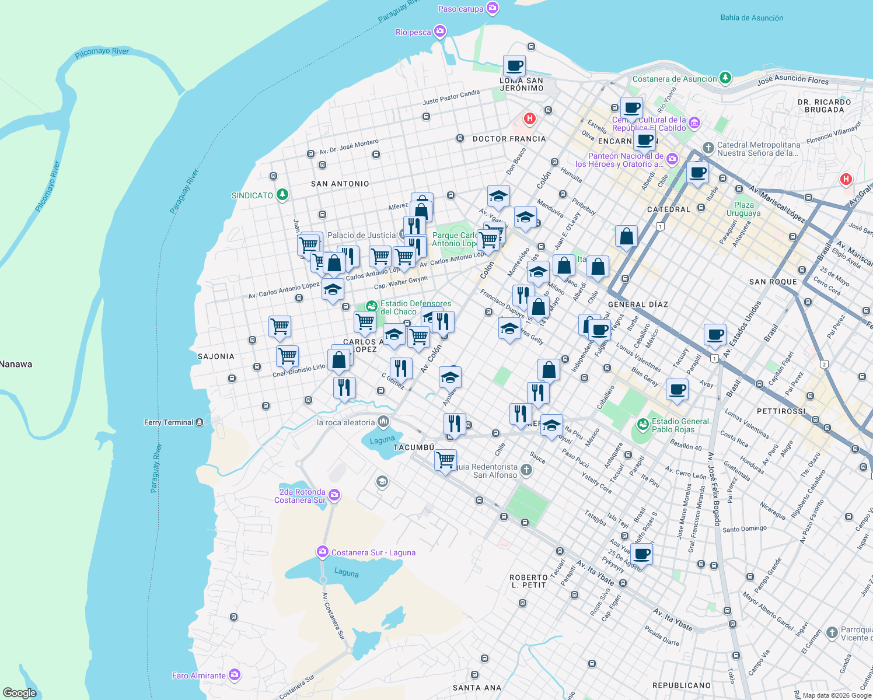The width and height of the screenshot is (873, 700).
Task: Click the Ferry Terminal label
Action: [x=169, y=422]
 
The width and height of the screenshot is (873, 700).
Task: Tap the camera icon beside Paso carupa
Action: [x=493, y=8]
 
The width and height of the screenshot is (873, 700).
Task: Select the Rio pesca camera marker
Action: [x=440, y=31]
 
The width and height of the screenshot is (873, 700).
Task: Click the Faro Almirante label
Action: [x=198, y=675]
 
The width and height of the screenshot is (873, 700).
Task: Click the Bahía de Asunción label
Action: [x=752, y=18]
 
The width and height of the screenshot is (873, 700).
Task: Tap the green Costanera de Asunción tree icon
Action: [x=725, y=78]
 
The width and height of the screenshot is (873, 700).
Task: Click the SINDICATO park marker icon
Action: [x=282, y=194]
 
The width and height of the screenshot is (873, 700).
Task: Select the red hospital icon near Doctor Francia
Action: [x=530, y=119]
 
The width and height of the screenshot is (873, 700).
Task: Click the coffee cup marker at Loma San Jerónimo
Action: [x=514, y=65]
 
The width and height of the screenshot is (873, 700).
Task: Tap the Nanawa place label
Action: [x=16, y=365]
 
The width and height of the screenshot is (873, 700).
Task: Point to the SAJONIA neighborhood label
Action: [x=216, y=356]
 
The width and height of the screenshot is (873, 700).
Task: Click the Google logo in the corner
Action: [x=19, y=693]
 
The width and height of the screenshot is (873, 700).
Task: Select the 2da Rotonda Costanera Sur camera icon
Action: [x=334, y=495]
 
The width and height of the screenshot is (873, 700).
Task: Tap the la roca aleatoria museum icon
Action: [x=383, y=421]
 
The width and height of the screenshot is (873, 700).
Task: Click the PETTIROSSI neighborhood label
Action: [x=781, y=411]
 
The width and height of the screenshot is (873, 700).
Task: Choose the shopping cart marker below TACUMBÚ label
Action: [x=445, y=460]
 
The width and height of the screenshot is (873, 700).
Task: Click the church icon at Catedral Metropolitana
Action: [x=708, y=148]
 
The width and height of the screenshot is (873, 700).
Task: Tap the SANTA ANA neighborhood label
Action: [x=477, y=688]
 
